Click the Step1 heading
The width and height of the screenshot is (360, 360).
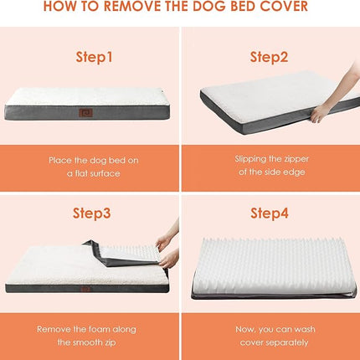coord(94,57)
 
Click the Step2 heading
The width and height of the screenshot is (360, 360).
coord(269,57)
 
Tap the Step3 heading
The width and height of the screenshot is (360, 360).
coord(92,213)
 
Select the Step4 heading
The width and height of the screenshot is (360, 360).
coord(270,213)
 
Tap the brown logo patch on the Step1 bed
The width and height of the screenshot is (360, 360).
coord(85,112)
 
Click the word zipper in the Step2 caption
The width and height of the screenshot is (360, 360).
coord(296,159)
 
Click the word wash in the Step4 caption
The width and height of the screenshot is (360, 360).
coord(305,329)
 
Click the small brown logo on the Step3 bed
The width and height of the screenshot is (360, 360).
coord(85,289)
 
